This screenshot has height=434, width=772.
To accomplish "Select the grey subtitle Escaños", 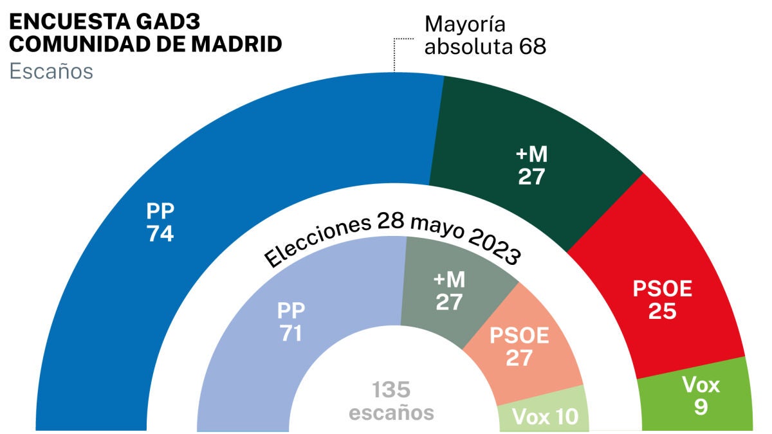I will coord(51,71).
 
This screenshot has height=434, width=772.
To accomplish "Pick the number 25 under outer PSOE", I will coord(662,311).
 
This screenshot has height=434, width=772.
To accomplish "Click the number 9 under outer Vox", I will coord(700,407).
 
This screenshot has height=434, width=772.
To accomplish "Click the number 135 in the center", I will coord(391,390).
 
